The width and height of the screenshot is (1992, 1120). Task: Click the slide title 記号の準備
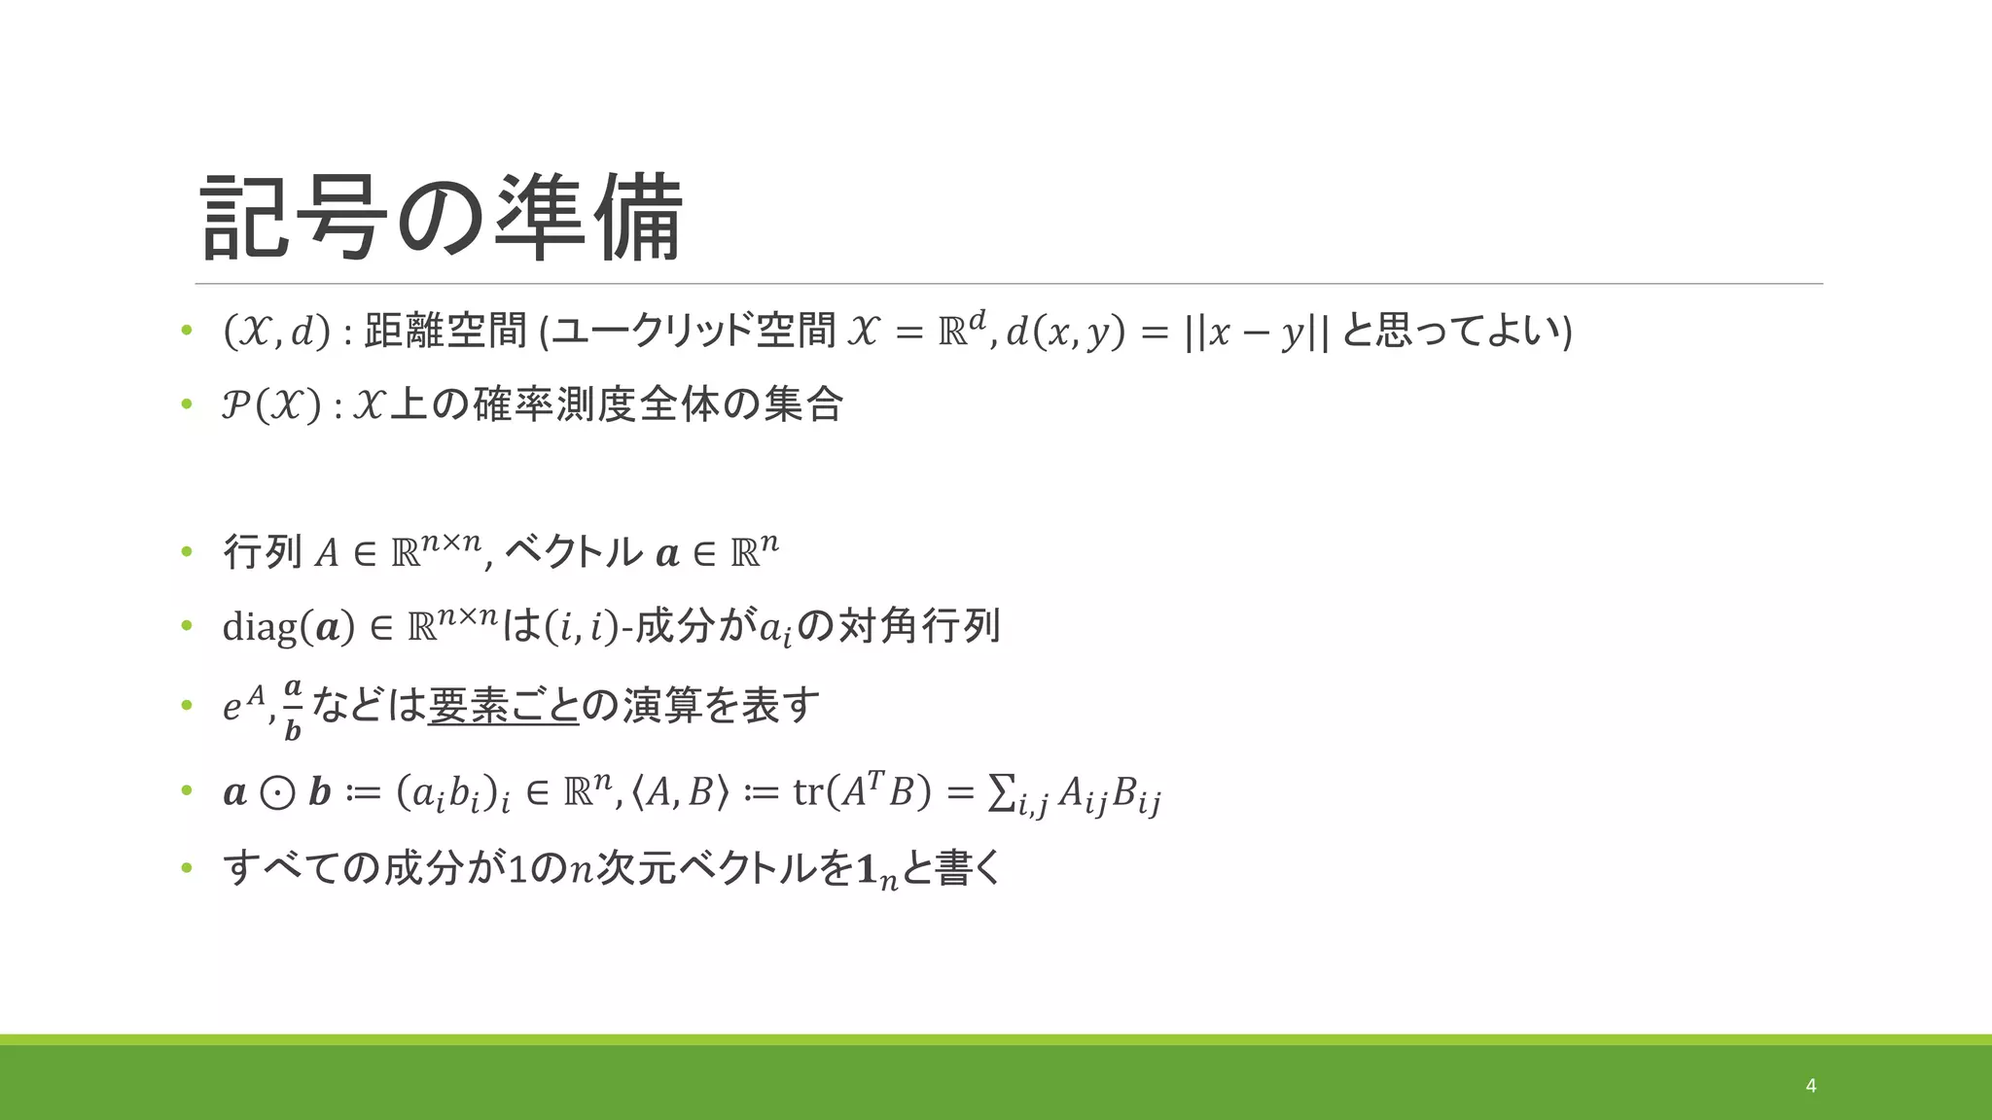pos(443,218)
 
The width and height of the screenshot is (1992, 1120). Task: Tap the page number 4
pos(1810,1085)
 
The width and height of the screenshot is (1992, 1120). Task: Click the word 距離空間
pos(445,332)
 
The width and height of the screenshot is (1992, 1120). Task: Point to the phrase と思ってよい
pos(1450,332)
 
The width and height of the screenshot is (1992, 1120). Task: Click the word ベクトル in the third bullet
pos(574,552)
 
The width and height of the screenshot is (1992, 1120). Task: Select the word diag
pos(261,627)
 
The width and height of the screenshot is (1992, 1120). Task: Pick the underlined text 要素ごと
pos(503,706)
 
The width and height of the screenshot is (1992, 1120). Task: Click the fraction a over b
pos(293,710)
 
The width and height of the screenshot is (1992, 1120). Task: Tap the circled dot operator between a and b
pos(278,793)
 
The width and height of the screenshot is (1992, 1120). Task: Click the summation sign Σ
pos(999,793)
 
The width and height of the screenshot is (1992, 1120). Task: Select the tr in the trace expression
pos(807,793)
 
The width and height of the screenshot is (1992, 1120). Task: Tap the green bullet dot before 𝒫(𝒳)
pos(187,404)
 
